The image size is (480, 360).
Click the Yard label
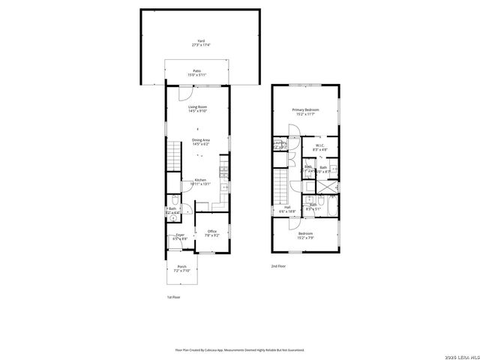point(200,43)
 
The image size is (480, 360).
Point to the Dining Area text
point(200,141)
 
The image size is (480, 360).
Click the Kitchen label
point(201,181)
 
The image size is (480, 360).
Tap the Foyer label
point(181,237)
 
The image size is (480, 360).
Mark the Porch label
point(181,268)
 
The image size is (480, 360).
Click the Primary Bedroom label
point(304,112)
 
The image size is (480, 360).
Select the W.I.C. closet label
point(319,148)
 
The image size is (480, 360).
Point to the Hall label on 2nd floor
point(287,210)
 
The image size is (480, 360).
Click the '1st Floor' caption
point(173,297)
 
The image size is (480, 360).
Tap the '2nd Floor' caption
point(278,265)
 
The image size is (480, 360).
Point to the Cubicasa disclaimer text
point(240,349)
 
